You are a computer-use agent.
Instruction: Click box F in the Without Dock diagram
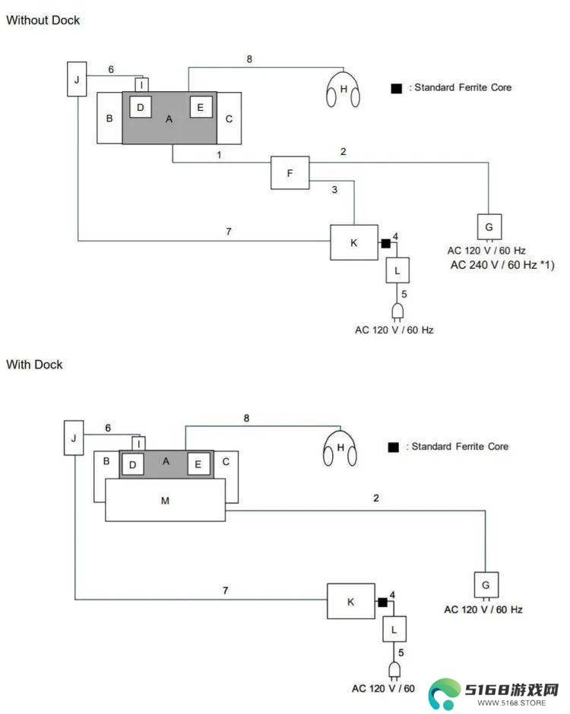290,172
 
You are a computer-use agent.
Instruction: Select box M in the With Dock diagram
165,500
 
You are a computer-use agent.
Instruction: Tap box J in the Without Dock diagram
77,79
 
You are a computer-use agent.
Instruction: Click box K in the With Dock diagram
351,601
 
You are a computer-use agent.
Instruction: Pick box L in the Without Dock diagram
397,270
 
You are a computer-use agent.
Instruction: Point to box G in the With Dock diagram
486,585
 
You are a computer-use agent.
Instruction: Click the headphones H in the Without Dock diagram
343,90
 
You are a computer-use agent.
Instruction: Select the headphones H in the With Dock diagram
340,448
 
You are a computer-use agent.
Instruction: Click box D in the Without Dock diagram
141,107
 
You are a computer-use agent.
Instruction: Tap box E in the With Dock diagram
198,464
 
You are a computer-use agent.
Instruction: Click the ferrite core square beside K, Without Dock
385,244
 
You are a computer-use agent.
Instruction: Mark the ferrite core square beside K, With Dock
383,602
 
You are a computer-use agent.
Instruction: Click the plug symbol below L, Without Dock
397,312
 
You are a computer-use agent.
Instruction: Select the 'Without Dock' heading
43,20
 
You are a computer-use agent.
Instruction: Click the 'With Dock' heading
34,365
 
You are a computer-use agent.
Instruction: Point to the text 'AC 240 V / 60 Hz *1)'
502,264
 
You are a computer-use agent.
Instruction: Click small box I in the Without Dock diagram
141,85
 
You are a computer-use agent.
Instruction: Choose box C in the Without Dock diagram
230,118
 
